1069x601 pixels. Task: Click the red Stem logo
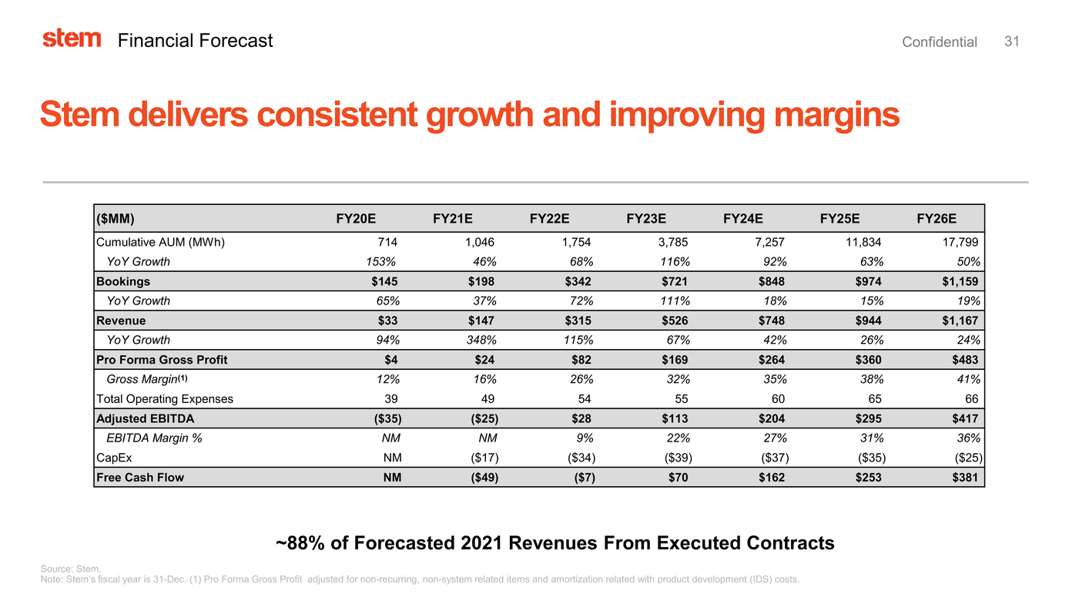click(72, 39)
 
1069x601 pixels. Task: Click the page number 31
click(1012, 42)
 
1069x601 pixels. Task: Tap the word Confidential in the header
click(939, 42)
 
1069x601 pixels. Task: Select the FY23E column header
click(646, 218)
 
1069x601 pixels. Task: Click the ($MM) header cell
click(116, 218)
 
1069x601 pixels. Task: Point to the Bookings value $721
click(674, 281)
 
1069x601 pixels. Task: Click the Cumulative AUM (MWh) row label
click(160, 242)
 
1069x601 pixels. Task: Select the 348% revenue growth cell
click(481, 340)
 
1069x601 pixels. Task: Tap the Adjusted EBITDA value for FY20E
click(385, 418)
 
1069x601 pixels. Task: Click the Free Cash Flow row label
click(140, 478)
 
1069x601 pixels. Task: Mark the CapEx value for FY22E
click(579, 458)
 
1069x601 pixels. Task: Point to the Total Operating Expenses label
click(165, 399)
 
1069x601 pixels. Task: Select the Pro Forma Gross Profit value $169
click(674, 360)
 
